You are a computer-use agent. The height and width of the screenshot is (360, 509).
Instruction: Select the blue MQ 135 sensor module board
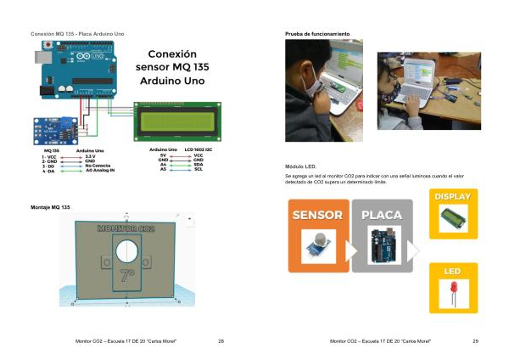point(50,130)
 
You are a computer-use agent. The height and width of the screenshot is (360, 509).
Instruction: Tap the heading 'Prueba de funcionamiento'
point(317,33)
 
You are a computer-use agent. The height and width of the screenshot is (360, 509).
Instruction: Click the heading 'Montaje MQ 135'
point(50,207)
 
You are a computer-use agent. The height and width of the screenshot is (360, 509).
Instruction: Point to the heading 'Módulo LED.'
point(301,166)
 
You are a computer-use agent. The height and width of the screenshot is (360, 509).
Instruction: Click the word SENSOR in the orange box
point(318,215)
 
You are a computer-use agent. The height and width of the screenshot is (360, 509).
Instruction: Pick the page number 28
point(221,340)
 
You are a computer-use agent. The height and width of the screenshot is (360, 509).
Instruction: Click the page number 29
point(475,340)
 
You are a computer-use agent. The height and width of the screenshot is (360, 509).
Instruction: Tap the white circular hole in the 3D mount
point(126,250)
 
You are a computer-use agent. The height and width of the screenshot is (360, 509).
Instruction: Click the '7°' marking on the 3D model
point(126,275)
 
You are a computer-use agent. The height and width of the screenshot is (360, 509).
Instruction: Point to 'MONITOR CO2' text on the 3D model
point(126,229)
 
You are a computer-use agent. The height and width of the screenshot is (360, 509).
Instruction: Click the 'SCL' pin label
point(198,169)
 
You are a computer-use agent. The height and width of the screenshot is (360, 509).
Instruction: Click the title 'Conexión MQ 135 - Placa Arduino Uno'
point(77,33)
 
